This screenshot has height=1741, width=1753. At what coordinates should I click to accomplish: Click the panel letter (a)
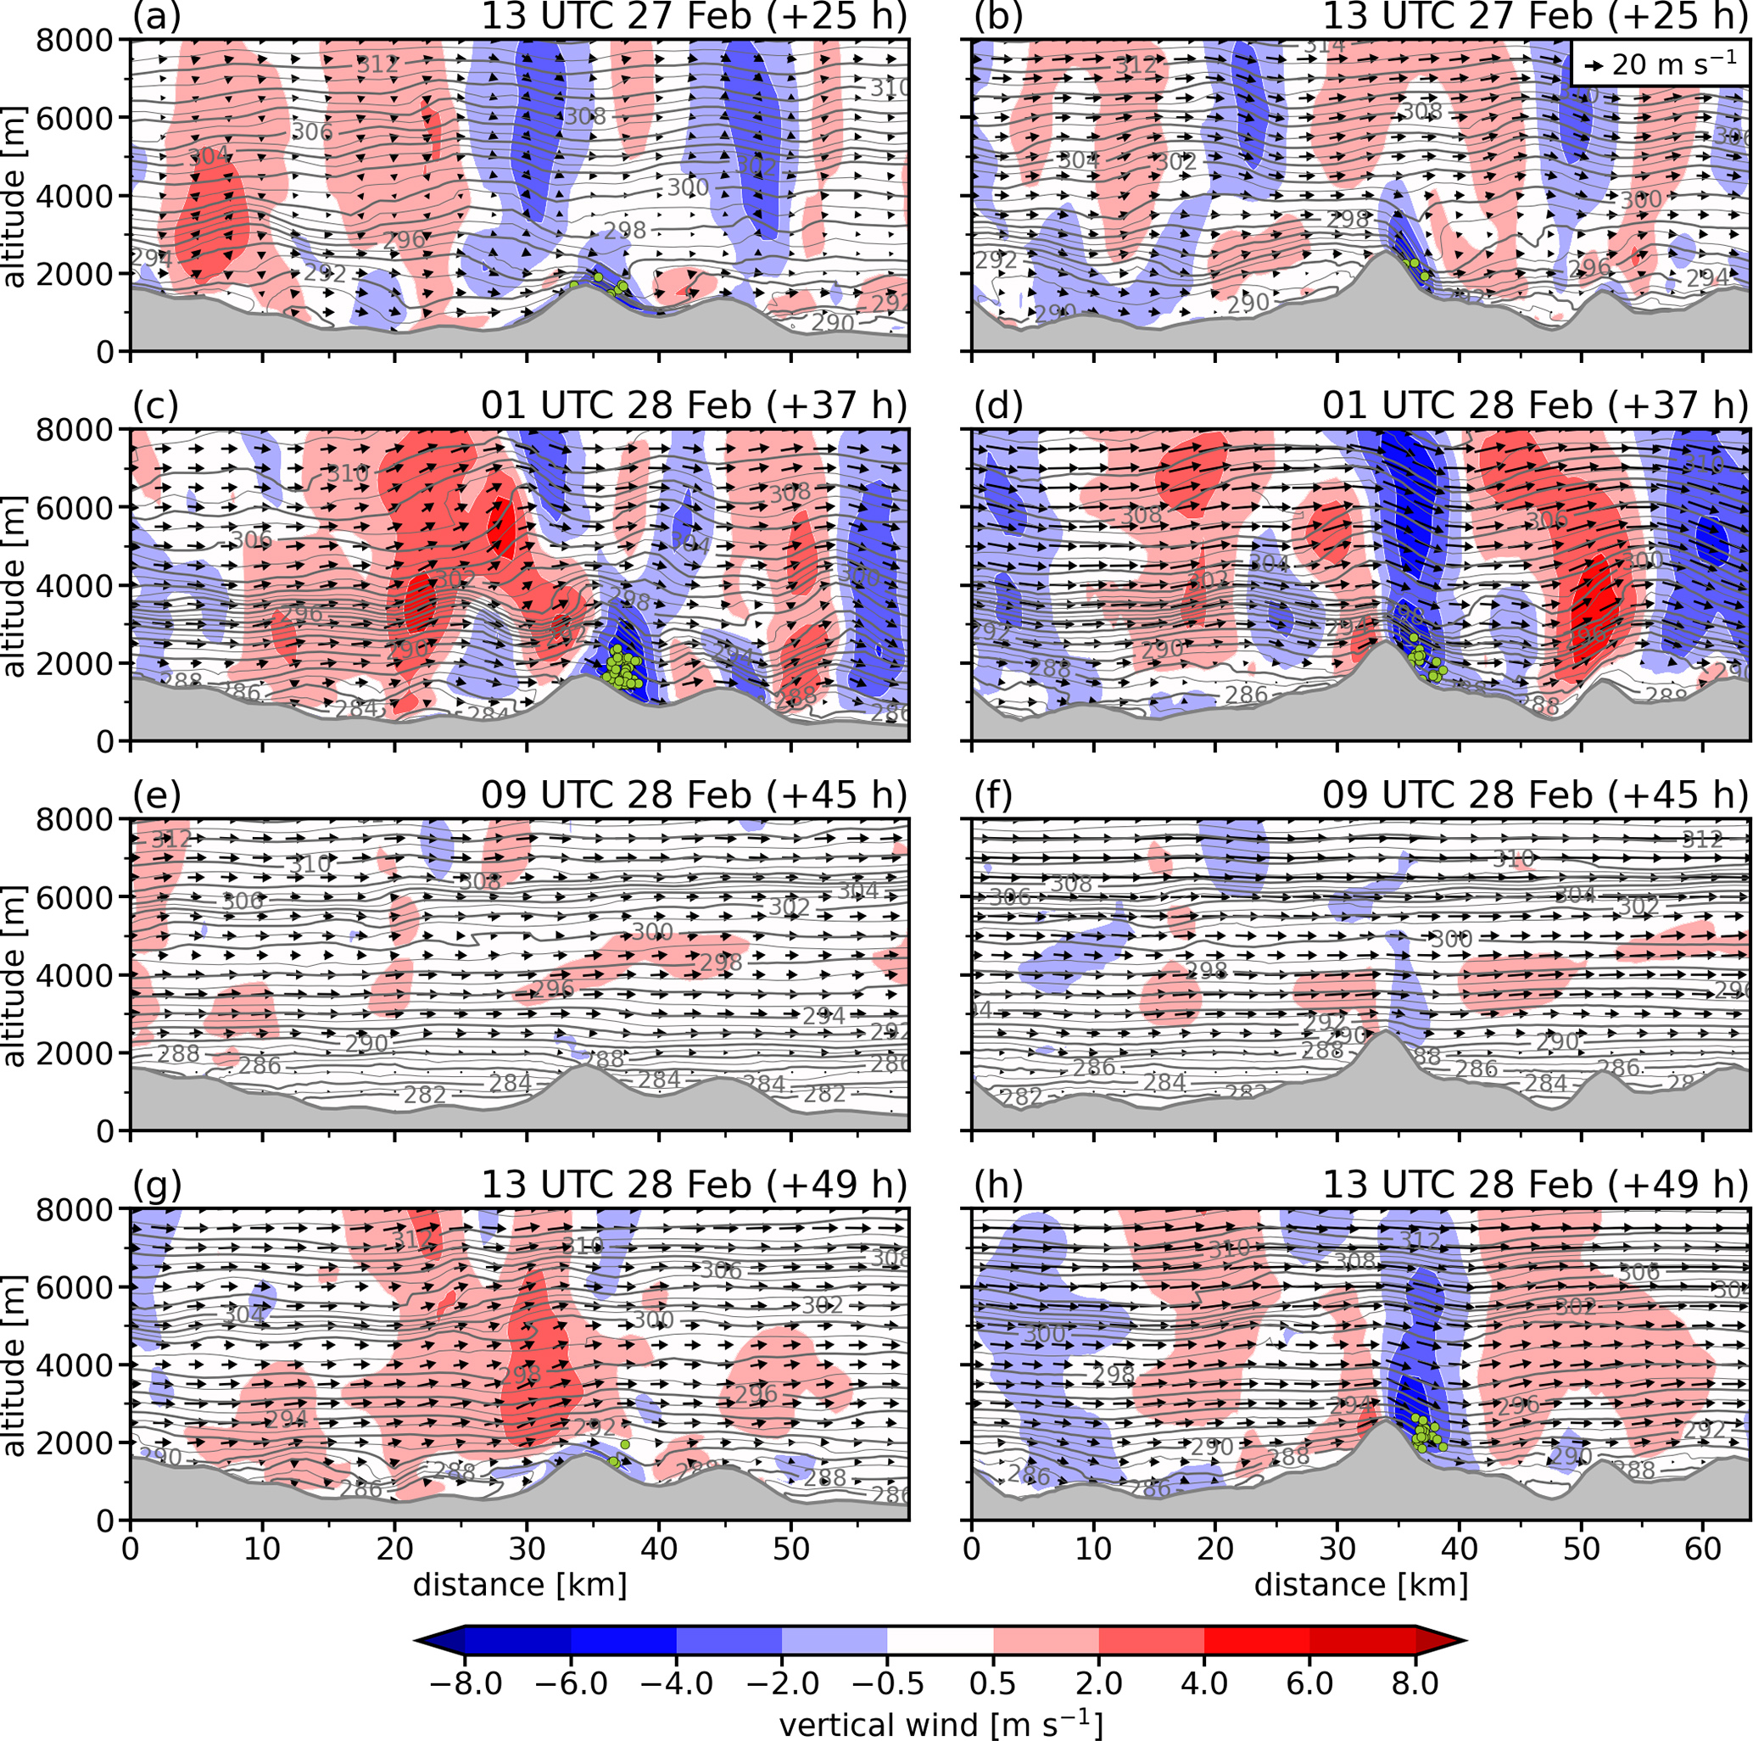[x=156, y=17]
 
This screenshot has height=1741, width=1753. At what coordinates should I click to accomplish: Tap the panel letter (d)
[x=998, y=406]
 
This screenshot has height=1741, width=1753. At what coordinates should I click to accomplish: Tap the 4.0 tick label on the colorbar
[x=1205, y=1658]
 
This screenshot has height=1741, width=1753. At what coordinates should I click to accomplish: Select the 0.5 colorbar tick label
[x=995, y=1658]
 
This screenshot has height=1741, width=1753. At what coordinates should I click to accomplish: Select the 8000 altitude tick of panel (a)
[x=76, y=40]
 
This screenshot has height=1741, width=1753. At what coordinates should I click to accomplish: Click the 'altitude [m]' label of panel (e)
[x=14, y=975]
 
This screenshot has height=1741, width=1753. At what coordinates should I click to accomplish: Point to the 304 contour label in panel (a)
[x=209, y=155]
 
